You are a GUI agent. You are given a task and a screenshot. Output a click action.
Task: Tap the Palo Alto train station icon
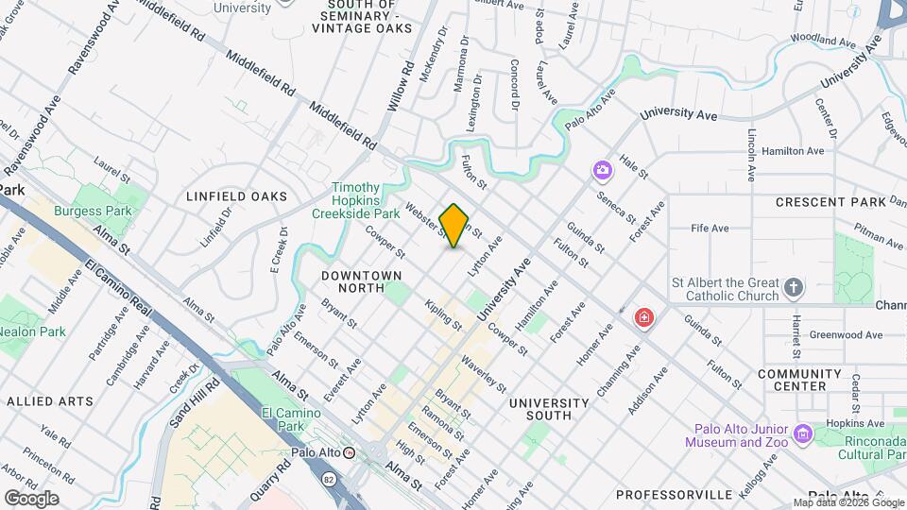349,452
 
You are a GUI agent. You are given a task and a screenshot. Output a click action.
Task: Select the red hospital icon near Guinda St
644,317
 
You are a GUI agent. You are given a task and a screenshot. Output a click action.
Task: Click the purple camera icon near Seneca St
602,170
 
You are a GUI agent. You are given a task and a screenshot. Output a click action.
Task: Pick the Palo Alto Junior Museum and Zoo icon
803,433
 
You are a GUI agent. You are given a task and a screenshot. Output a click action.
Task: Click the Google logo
31,498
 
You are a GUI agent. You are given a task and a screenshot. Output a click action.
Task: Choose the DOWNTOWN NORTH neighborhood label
361,280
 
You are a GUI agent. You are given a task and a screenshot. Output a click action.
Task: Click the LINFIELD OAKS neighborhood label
236,196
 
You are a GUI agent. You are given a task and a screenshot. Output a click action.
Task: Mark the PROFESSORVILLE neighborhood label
674,494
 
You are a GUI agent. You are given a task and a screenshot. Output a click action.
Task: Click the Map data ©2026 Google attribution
848,502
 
